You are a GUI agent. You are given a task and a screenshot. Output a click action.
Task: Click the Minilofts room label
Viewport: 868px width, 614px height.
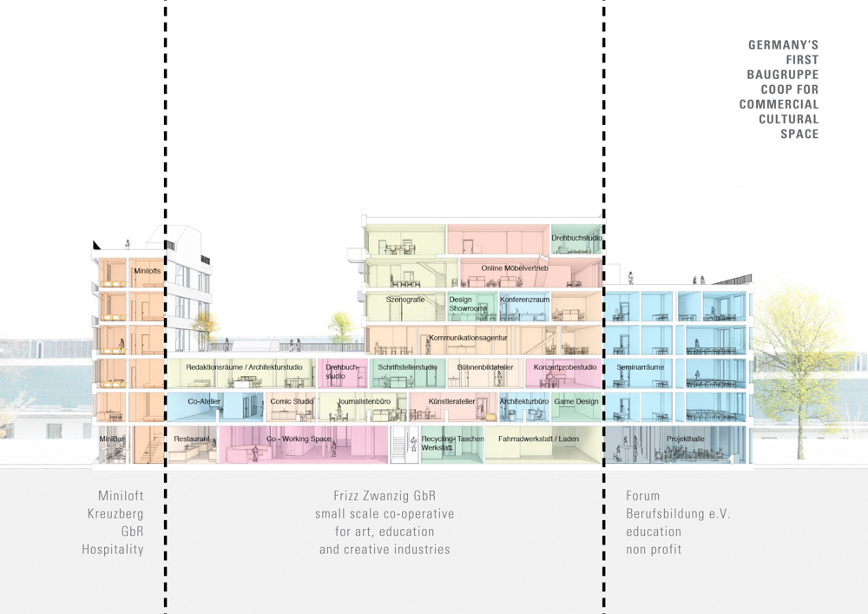pyautogui.click(x=148, y=271)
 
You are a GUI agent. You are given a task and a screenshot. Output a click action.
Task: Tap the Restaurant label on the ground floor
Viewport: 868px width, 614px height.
pyautogui.click(x=192, y=439)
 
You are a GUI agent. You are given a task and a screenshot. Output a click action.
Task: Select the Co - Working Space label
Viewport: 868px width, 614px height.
pyautogui.click(x=299, y=439)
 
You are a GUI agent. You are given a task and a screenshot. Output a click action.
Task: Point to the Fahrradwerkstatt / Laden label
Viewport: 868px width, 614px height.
pyautogui.click(x=539, y=439)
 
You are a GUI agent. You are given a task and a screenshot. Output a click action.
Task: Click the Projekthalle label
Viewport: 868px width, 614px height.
pyautogui.click(x=686, y=439)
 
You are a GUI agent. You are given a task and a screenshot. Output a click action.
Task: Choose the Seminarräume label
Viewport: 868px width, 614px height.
pyautogui.click(x=641, y=367)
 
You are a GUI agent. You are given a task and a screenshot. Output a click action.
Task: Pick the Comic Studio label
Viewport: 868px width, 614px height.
pyautogui.click(x=292, y=401)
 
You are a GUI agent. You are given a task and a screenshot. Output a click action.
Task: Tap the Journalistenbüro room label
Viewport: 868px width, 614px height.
pyautogui.click(x=365, y=401)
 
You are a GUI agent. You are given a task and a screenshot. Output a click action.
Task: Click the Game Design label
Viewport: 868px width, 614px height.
pyautogui.click(x=576, y=401)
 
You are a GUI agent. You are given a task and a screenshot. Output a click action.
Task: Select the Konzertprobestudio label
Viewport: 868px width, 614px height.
pyautogui.click(x=565, y=367)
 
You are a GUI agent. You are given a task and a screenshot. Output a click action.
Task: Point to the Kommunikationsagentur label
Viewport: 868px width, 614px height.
pyautogui.click(x=468, y=338)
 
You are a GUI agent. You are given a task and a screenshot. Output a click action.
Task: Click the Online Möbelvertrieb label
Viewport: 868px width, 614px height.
pyautogui.click(x=515, y=268)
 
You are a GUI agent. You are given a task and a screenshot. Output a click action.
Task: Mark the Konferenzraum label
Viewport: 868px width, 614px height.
pyautogui.click(x=525, y=300)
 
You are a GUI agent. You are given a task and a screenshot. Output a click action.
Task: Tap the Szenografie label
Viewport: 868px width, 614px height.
pyautogui.click(x=405, y=300)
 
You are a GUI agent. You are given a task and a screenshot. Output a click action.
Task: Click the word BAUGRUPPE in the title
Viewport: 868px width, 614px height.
pyautogui.click(x=783, y=75)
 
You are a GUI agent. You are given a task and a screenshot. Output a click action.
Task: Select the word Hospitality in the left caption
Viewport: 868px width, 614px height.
pyautogui.click(x=113, y=549)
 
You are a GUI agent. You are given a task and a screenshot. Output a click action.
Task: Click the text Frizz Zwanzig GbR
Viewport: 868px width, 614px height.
pyautogui.click(x=385, y=496)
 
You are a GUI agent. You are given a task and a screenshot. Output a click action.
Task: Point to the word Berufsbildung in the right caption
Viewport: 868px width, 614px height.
pyautogui.click(x=678, y=514)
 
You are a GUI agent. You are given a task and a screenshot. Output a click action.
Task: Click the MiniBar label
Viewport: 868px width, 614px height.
pyautogui.click(x=112, y=439)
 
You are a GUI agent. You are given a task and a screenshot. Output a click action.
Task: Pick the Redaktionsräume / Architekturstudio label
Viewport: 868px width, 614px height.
pyautogui.click(x=244, y=367)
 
